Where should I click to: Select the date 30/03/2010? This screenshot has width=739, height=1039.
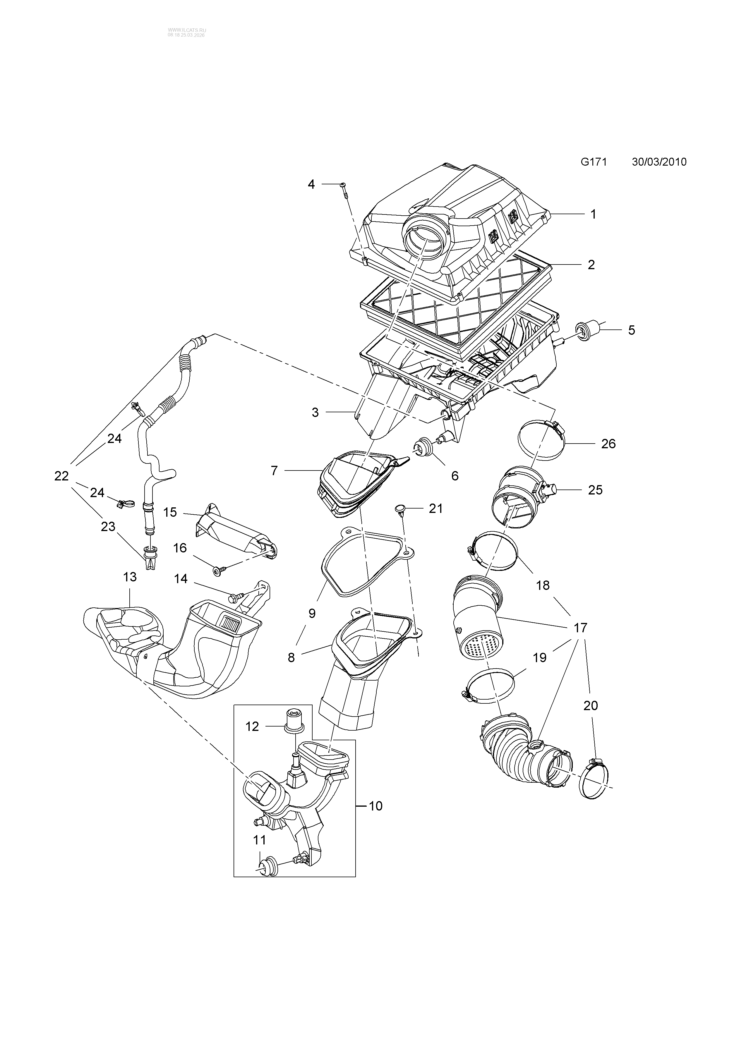(659, 162)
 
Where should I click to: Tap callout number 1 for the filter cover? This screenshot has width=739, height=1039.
(593, 214)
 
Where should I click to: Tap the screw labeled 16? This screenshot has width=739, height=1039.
(217, 570)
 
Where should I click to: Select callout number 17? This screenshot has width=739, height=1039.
(580, 628)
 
